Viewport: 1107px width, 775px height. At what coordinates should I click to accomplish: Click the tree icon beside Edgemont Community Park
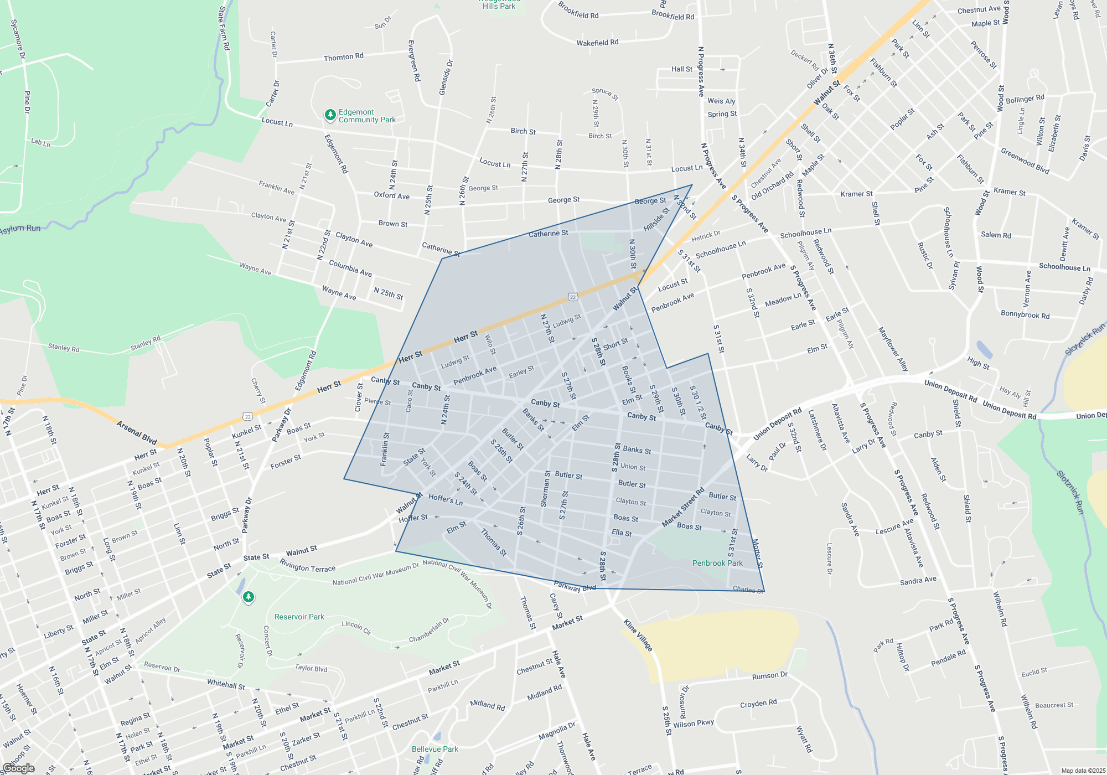(x=330, y=115)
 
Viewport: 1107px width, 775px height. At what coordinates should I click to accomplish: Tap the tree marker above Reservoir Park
(x=249, y=597)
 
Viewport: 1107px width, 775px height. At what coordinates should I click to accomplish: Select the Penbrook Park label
(x=717, y=563)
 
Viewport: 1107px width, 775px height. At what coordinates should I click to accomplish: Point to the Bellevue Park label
(x=435, y=749)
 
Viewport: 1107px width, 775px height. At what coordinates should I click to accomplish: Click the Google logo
(x=18, y=768)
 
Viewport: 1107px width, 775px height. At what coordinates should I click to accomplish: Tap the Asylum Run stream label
(x=20, y=229)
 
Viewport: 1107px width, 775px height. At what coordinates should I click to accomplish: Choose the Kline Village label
(x=638, y=635)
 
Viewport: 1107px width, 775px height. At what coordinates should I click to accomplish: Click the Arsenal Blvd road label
(x=137, y=432)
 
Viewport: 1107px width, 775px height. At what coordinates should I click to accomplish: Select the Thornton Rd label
(x=343, y=57)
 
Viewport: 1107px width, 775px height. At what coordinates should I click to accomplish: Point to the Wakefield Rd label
(x=597, y=43)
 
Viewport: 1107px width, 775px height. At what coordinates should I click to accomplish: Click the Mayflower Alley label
(x=893, y=349)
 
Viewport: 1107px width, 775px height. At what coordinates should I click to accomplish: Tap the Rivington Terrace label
(x=307, y=565)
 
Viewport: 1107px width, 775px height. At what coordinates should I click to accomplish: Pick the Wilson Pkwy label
(x=694, y=724)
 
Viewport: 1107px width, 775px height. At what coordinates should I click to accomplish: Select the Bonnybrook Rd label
(x=1025, y=314)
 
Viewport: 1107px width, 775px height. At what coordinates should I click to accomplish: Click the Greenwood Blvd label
(x=1025, y=161)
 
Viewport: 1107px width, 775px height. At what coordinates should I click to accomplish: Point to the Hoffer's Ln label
(x=445, y=499)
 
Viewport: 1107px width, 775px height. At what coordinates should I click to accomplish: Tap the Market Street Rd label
(x=683, y=507)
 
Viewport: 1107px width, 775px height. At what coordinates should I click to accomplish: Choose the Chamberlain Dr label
(x=429, y=631)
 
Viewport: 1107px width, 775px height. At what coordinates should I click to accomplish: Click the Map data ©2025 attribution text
(x=1083, y=771)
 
